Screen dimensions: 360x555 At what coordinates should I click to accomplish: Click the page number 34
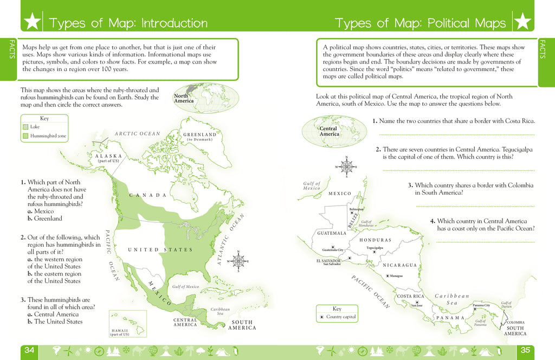[x=29, y=350]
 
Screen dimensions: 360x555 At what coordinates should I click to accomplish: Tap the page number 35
[x=525, y=350]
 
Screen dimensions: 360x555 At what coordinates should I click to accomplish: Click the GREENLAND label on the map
[x=199, y=135]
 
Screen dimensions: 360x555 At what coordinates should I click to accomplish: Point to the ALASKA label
[x=108, y=156]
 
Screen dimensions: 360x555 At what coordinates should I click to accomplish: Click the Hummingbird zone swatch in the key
[x=25, y=136]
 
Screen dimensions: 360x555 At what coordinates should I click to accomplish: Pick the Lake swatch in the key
[x=25, y=126]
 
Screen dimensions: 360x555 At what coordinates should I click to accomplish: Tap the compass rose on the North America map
[x=238, y=261]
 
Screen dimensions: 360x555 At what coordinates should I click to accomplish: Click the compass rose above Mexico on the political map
[x=346, y=166]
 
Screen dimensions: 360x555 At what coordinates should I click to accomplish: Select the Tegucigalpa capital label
[x=375, y=248]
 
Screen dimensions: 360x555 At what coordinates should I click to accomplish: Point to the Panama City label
[x=481, y=305]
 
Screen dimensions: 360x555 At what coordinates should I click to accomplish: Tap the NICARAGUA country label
[x=399, y=265]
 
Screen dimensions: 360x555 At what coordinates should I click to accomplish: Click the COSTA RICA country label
[x=410, y=297]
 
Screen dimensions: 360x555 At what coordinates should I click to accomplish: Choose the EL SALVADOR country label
[x=332, y=261]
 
